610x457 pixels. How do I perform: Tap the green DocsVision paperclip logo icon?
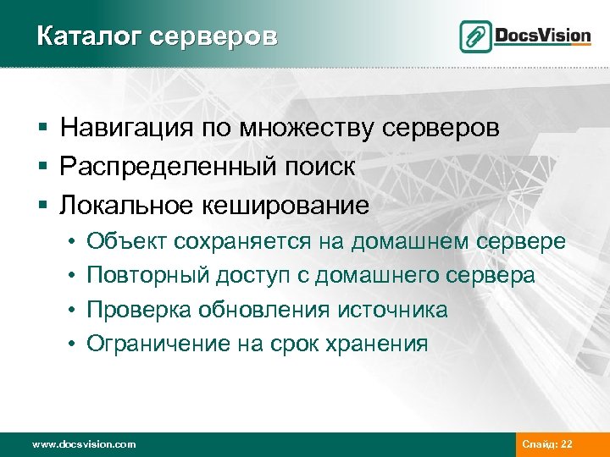coord(475,36)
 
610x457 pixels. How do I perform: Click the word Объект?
coord(127,242)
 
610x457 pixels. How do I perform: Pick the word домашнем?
coord(409,242)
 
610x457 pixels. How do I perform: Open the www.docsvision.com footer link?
coord(83,444)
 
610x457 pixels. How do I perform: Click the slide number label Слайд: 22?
coord(547,444)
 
